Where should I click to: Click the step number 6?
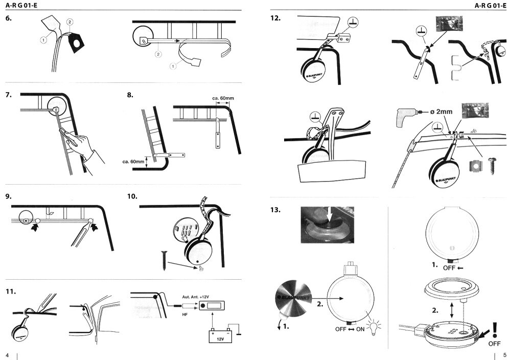[x=9, y=19]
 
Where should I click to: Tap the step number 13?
[x=276, y=210]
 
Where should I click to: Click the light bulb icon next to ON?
[x=381, y=326]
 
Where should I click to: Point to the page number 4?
[x=7, y=355]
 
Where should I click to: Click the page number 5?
[x=504, y=355]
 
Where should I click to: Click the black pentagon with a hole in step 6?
[x=76, y=44]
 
